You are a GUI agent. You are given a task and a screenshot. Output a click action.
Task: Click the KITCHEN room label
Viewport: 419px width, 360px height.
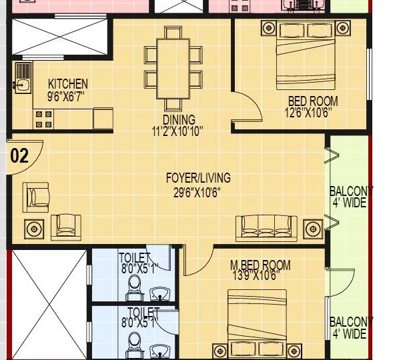67,84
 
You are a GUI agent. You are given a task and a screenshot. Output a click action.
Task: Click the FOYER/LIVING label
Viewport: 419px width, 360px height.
198,178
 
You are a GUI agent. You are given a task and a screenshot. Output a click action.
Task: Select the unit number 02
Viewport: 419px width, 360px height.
20,157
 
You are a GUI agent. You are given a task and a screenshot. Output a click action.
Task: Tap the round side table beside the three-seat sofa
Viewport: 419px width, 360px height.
312,229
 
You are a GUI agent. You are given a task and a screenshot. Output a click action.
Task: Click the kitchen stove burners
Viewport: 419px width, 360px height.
44,119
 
